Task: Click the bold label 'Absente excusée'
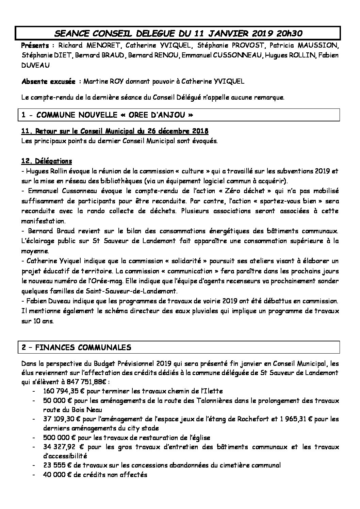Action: coord(48,82)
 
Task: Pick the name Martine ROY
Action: coord(104,82)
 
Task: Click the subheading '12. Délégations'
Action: coord(46,161)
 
